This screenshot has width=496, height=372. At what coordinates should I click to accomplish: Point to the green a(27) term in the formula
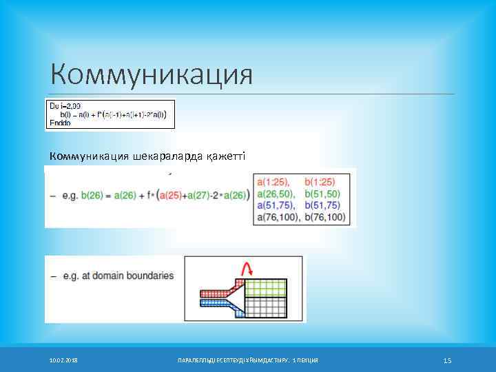point(200,195)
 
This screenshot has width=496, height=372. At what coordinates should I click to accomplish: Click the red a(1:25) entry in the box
point(273,183)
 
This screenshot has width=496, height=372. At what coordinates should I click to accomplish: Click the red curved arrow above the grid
point(245,268)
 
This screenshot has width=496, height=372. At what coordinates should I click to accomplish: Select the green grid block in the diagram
point(266,287)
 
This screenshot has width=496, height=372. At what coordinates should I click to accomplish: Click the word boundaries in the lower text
point(151,276)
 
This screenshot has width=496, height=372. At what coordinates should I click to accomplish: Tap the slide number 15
point(447,360)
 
